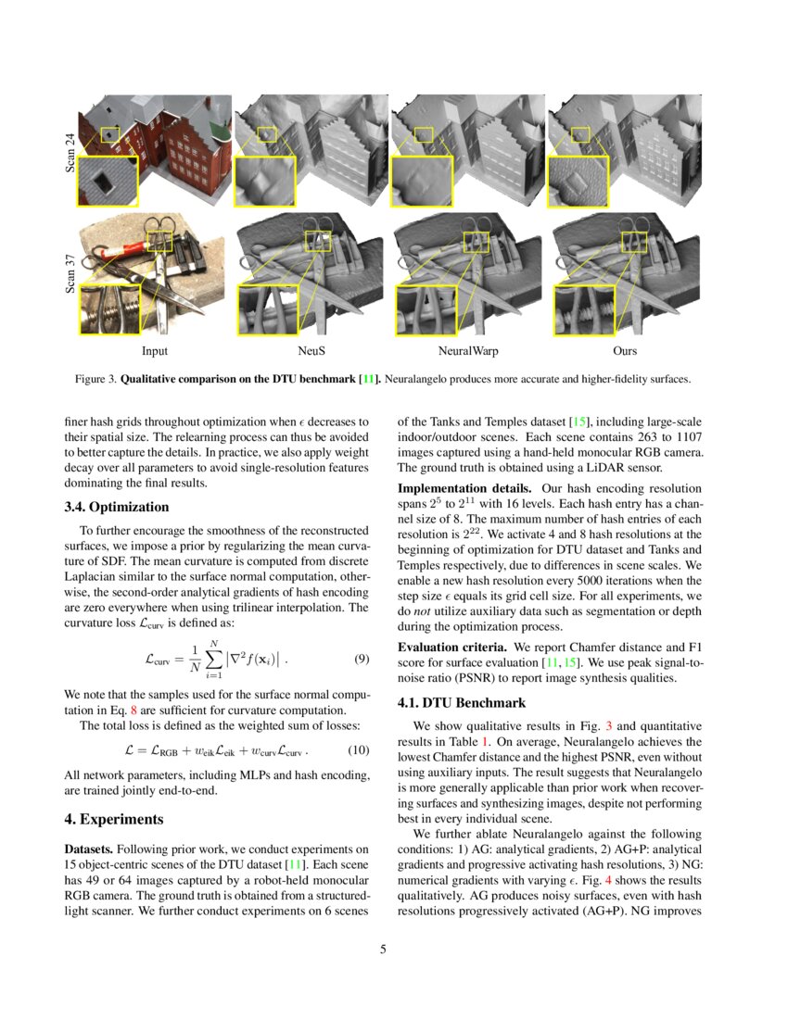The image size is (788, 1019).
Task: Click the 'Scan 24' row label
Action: [70, 152]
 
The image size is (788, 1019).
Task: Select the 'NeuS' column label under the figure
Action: [311, 352]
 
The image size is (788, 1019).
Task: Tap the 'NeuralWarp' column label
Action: [468, 352]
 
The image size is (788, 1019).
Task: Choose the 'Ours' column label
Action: [625, 352]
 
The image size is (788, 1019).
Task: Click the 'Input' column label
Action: [155, 352]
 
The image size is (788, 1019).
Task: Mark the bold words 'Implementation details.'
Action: [451, 487]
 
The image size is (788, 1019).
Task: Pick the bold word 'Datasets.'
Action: [91, 849]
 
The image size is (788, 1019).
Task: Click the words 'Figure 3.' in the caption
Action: [95, 379]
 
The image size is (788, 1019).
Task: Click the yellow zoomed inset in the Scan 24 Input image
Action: [108, 182]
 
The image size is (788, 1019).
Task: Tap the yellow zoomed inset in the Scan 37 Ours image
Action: [581, 308]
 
